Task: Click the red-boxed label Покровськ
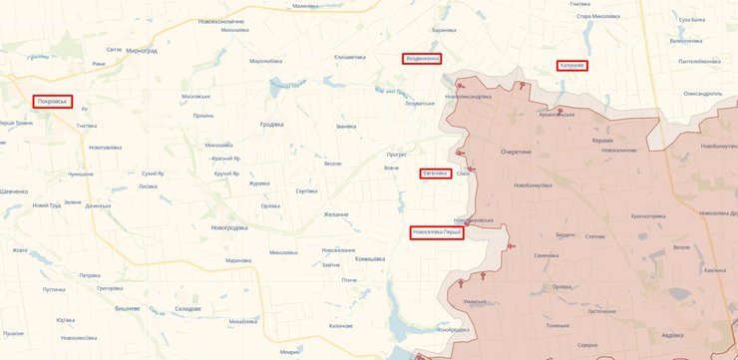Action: [x=51, y=102]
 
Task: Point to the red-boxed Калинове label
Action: [x=571, y=66]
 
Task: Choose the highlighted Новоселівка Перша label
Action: [x=437, y=233]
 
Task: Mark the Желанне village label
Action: [x=336, y=214]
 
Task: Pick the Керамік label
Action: [x=601, y=141]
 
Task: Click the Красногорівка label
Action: [x=647, y=215]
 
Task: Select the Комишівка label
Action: [x=342, y=258]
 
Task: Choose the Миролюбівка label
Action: [x=269, y=62]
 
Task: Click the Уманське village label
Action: [x=475, y=300]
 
